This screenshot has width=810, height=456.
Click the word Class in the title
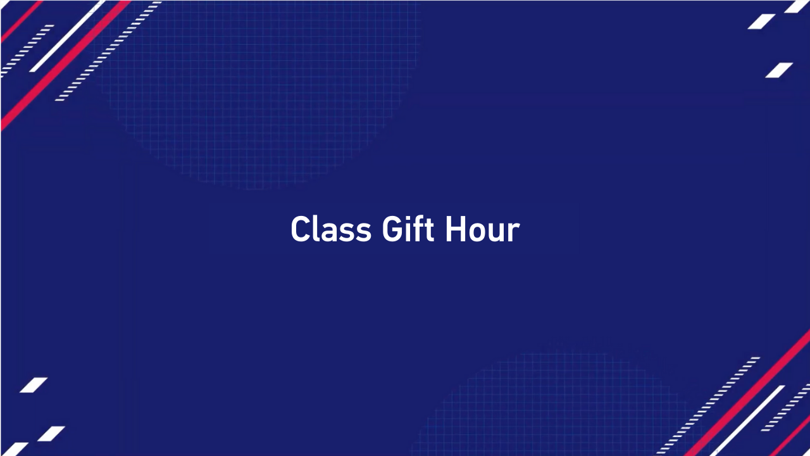tap(330, 229)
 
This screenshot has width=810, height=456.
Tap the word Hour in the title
tap(482, 229)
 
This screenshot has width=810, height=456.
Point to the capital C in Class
tap(300, 229)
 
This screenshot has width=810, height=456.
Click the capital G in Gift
tap(392, 229)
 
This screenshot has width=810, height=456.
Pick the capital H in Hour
tap(456, 229)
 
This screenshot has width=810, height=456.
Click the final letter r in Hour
tap(514, 233)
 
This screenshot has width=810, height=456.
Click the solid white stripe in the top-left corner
tap(66, 36)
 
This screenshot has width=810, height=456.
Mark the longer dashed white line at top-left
tap(108, 51)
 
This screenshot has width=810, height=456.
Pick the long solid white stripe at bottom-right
tap(747, 421)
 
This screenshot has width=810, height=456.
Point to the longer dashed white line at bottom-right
tap(709, 405)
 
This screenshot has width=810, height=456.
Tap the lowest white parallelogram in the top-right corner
tap(779, 70)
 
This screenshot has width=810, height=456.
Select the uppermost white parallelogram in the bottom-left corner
tap(34, 385)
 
